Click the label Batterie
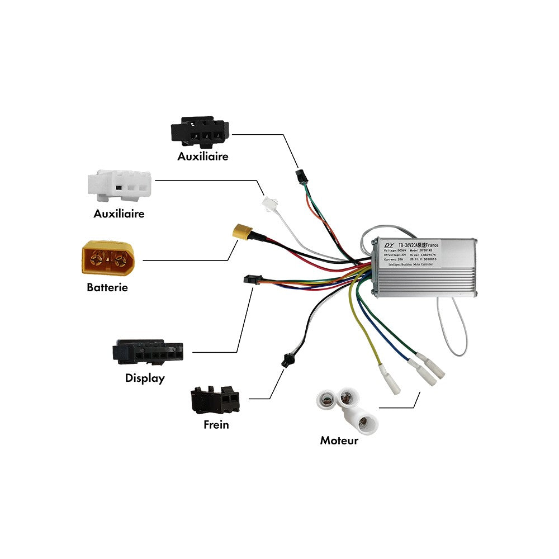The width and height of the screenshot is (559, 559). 107,288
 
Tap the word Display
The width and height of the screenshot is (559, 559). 145,378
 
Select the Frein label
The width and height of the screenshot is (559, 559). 216,425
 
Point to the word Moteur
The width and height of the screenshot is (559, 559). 339,440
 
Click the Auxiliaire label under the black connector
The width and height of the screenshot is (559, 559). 203,157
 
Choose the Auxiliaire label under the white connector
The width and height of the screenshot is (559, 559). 119,214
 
